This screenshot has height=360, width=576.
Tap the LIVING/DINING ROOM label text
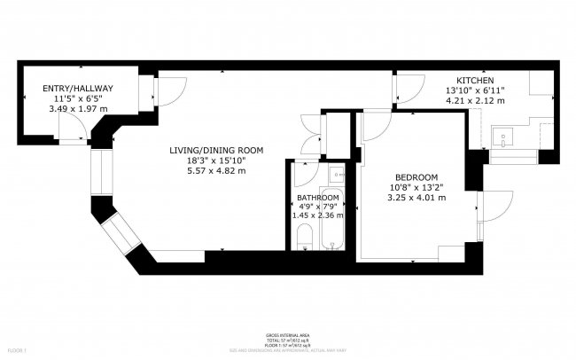(x=216, y=150)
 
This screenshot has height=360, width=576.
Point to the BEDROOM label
(x=415, y=176)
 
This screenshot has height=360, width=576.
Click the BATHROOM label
(x=317, y=197)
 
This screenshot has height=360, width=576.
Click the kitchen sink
(x=506, y=139)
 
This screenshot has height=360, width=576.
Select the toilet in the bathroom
(x=303, y=236)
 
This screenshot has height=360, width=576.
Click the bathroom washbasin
(x=335, y=174)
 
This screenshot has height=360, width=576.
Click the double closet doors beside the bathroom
(x=311, y=136)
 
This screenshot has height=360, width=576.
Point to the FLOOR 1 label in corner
(x=12, y=353)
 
